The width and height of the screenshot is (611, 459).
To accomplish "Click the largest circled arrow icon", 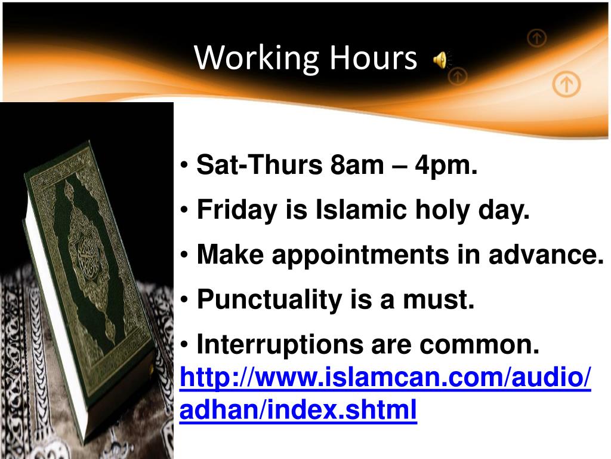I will coord(566,84).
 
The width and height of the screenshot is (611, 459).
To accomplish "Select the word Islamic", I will coord(342,210).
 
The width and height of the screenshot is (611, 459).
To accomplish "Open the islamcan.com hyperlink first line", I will coord(385,378).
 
